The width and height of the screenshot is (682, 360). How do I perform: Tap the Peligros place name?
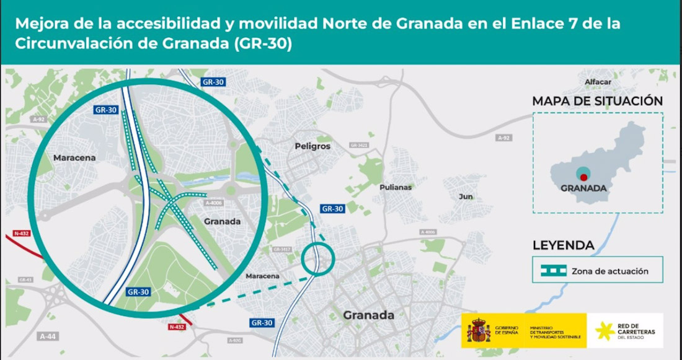313,146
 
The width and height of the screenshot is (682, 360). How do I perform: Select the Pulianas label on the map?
396,187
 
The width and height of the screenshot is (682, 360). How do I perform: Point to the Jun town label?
465,196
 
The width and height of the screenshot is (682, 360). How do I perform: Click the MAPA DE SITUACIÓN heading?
598,101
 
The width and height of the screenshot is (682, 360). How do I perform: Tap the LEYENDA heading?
563,245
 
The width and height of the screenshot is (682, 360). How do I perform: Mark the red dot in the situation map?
583,177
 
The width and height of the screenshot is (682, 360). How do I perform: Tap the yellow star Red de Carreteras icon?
605,331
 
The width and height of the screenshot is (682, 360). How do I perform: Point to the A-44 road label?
46,336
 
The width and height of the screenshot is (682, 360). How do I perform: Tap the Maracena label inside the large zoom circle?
74,158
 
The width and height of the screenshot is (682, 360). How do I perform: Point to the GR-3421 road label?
358,145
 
